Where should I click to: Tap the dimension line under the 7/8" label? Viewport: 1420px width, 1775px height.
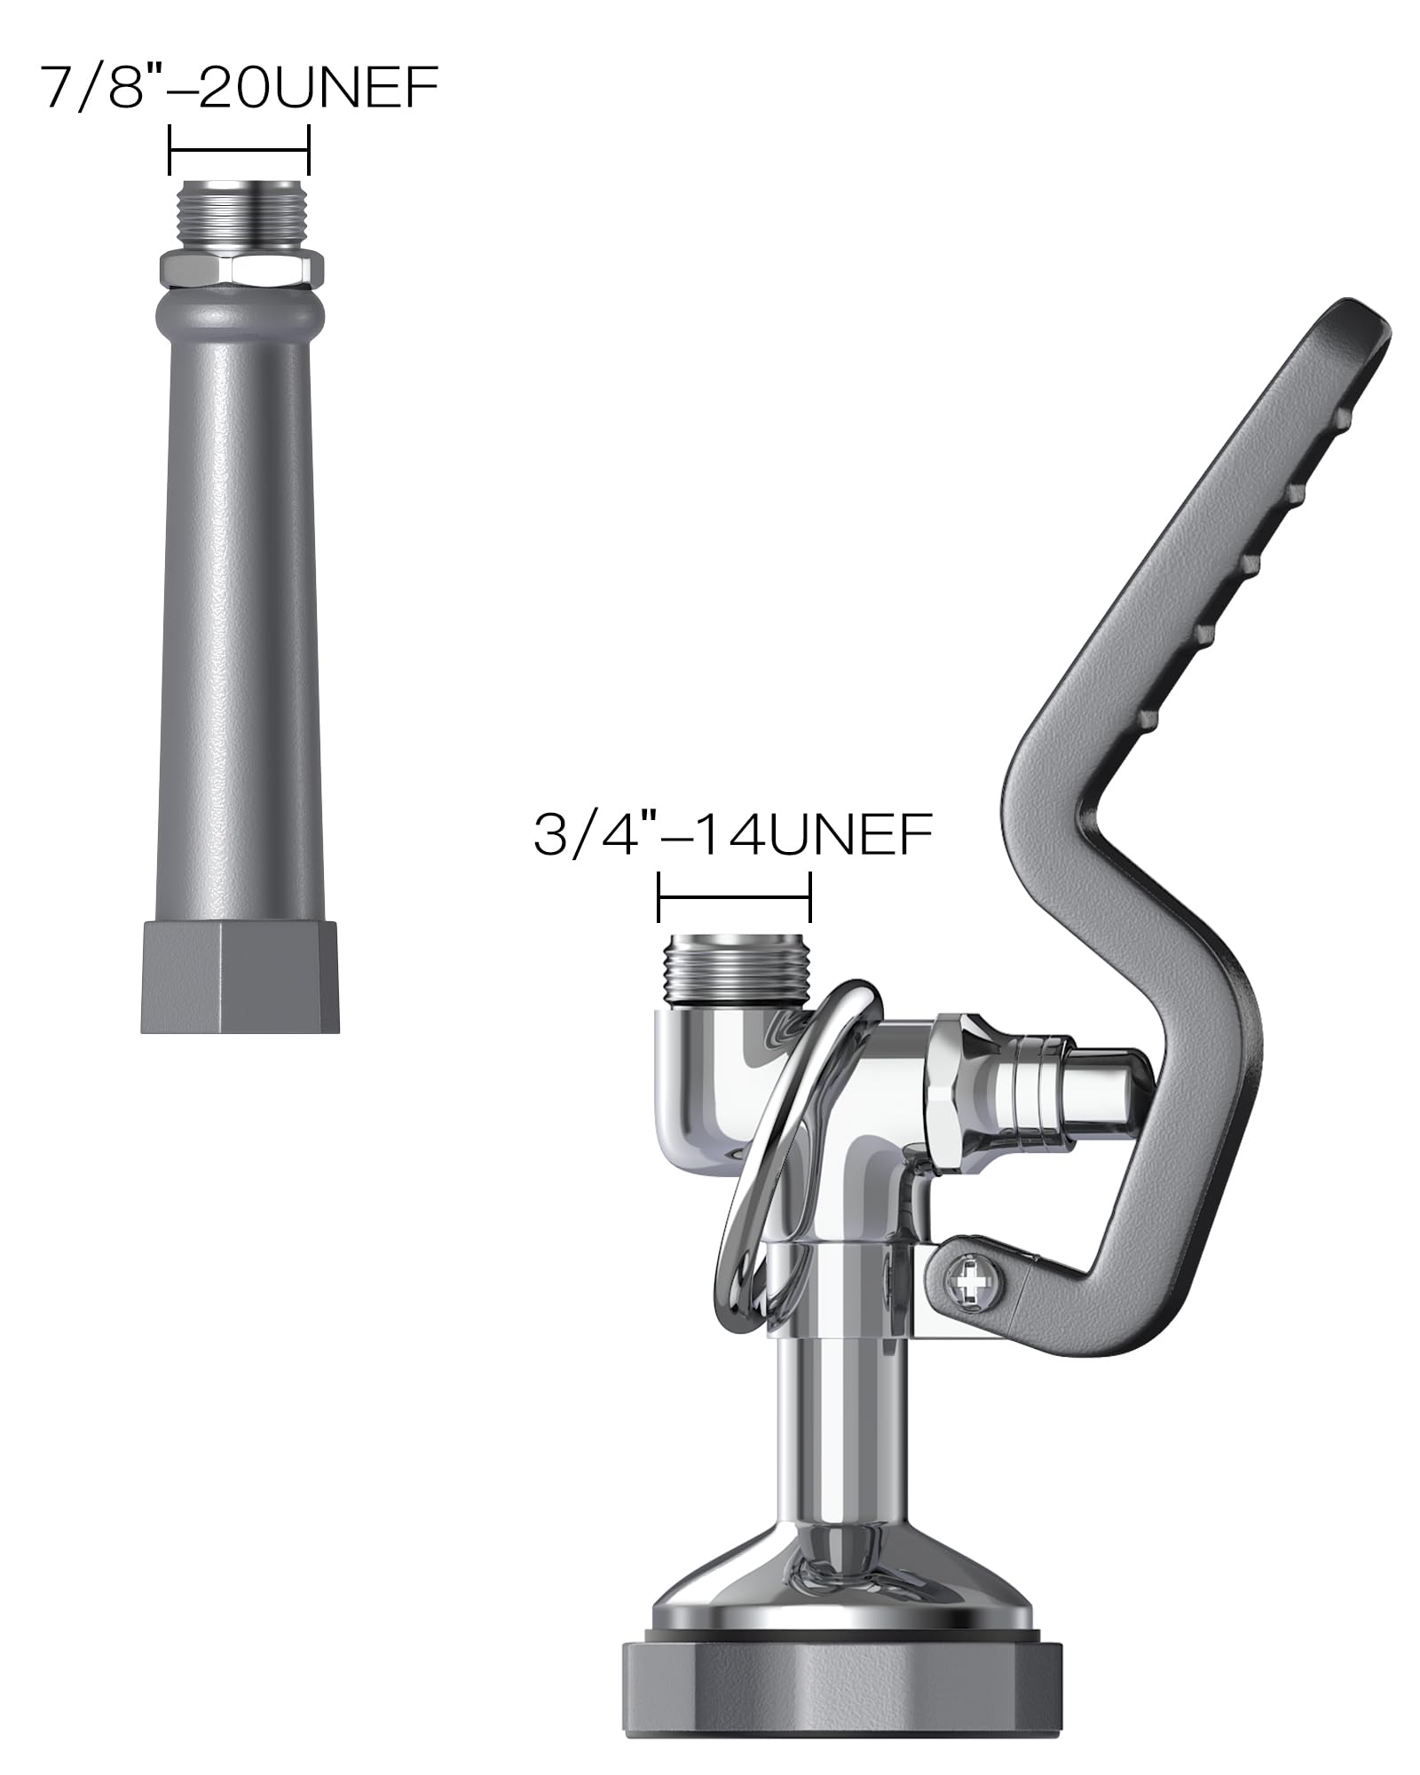tap(239, 151)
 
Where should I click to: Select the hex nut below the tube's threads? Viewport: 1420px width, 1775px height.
tap(240, 267)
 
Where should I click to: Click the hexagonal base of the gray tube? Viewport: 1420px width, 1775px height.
tap(240, 976)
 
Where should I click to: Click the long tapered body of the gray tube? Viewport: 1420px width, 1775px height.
tap(238, 621)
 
